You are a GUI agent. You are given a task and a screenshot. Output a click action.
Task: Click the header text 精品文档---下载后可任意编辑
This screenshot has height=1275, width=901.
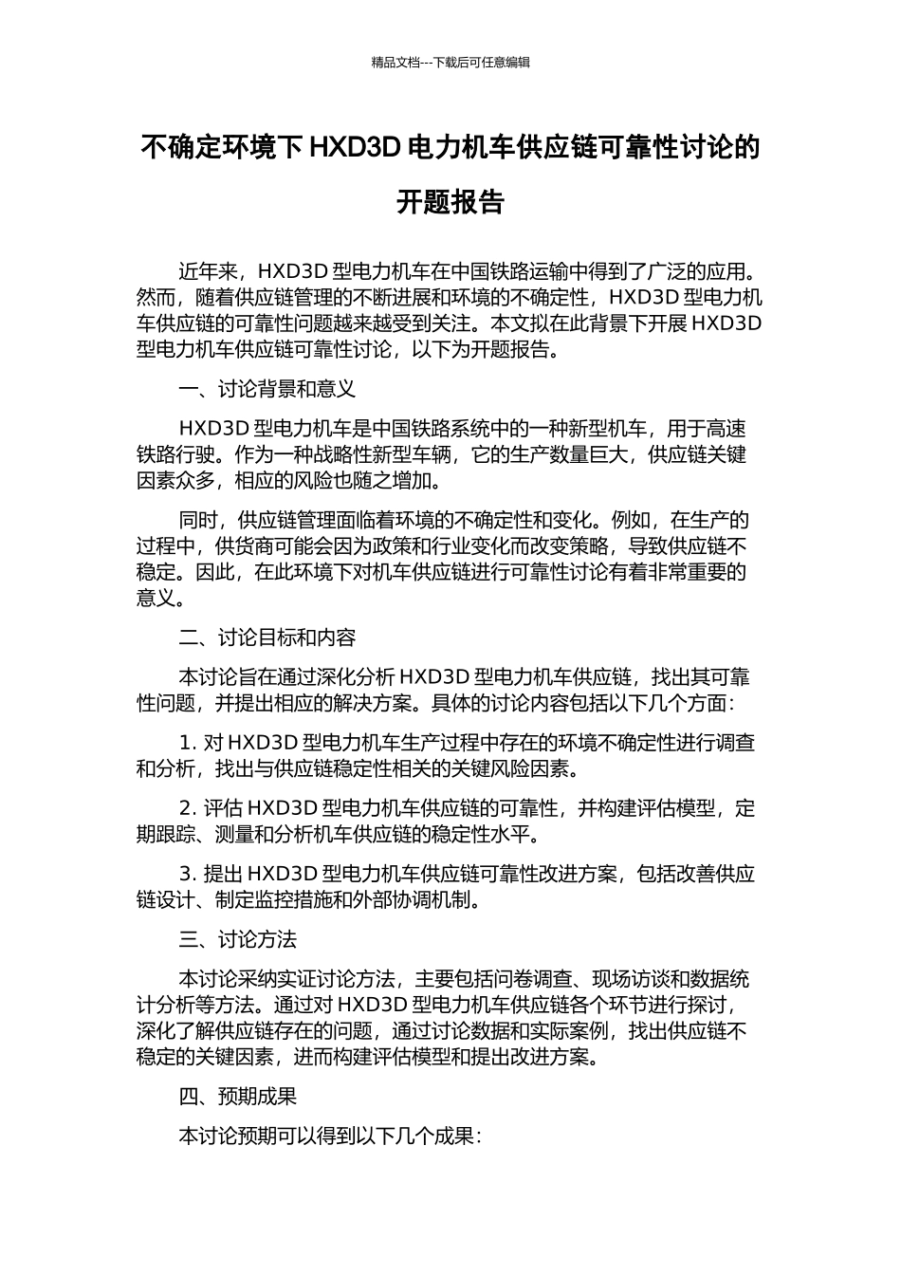click(450, 63)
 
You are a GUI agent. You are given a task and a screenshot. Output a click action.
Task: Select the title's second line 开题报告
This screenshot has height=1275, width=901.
click(450, 203)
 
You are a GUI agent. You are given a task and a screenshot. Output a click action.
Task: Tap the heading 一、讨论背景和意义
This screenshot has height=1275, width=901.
click(267, 389)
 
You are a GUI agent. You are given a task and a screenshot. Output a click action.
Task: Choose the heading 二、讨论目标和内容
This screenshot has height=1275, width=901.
click(267, 637)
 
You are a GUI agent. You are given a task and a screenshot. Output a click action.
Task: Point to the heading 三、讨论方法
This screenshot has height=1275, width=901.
click(238, 939)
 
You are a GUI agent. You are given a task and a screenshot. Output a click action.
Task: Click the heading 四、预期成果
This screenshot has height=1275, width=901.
click(238, 1097)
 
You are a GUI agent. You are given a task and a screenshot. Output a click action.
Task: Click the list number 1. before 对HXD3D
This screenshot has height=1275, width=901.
click(188, 743)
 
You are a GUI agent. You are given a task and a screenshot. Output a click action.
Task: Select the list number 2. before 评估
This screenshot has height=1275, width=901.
click(188, 808)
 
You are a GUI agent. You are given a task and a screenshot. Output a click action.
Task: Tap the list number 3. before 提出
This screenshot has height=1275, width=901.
click(188, 874)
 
